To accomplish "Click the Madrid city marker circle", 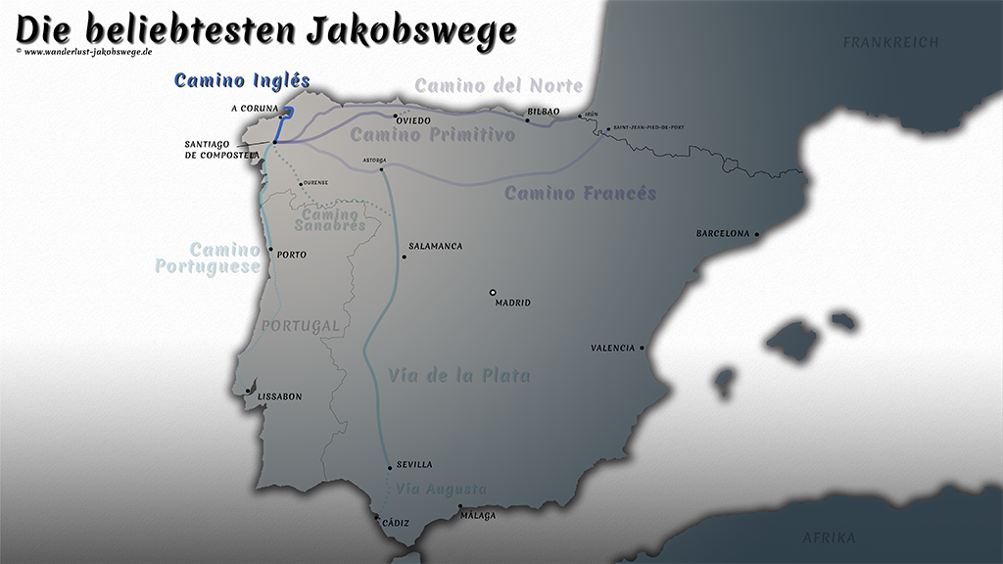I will click(494, 292).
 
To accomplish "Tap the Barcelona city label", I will click(723, 234).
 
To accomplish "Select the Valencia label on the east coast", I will click(613, 349).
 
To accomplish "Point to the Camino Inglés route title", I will click(242, 81).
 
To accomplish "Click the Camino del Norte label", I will click(499, 86).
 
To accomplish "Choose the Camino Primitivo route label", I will click(433, 135).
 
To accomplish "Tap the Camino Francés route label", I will click(580, 193).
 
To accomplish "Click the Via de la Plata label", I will click(459, 375).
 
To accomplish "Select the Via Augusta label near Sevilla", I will click(441, 489).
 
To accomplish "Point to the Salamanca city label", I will click(435, 247).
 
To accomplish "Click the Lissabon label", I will click(279, 397).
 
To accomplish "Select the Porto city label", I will click(292, 255).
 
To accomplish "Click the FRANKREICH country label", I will click(890, 42).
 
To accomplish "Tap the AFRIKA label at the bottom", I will click(829, 538).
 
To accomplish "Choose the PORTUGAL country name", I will click(300, 325).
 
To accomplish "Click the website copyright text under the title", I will click(84, 51).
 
